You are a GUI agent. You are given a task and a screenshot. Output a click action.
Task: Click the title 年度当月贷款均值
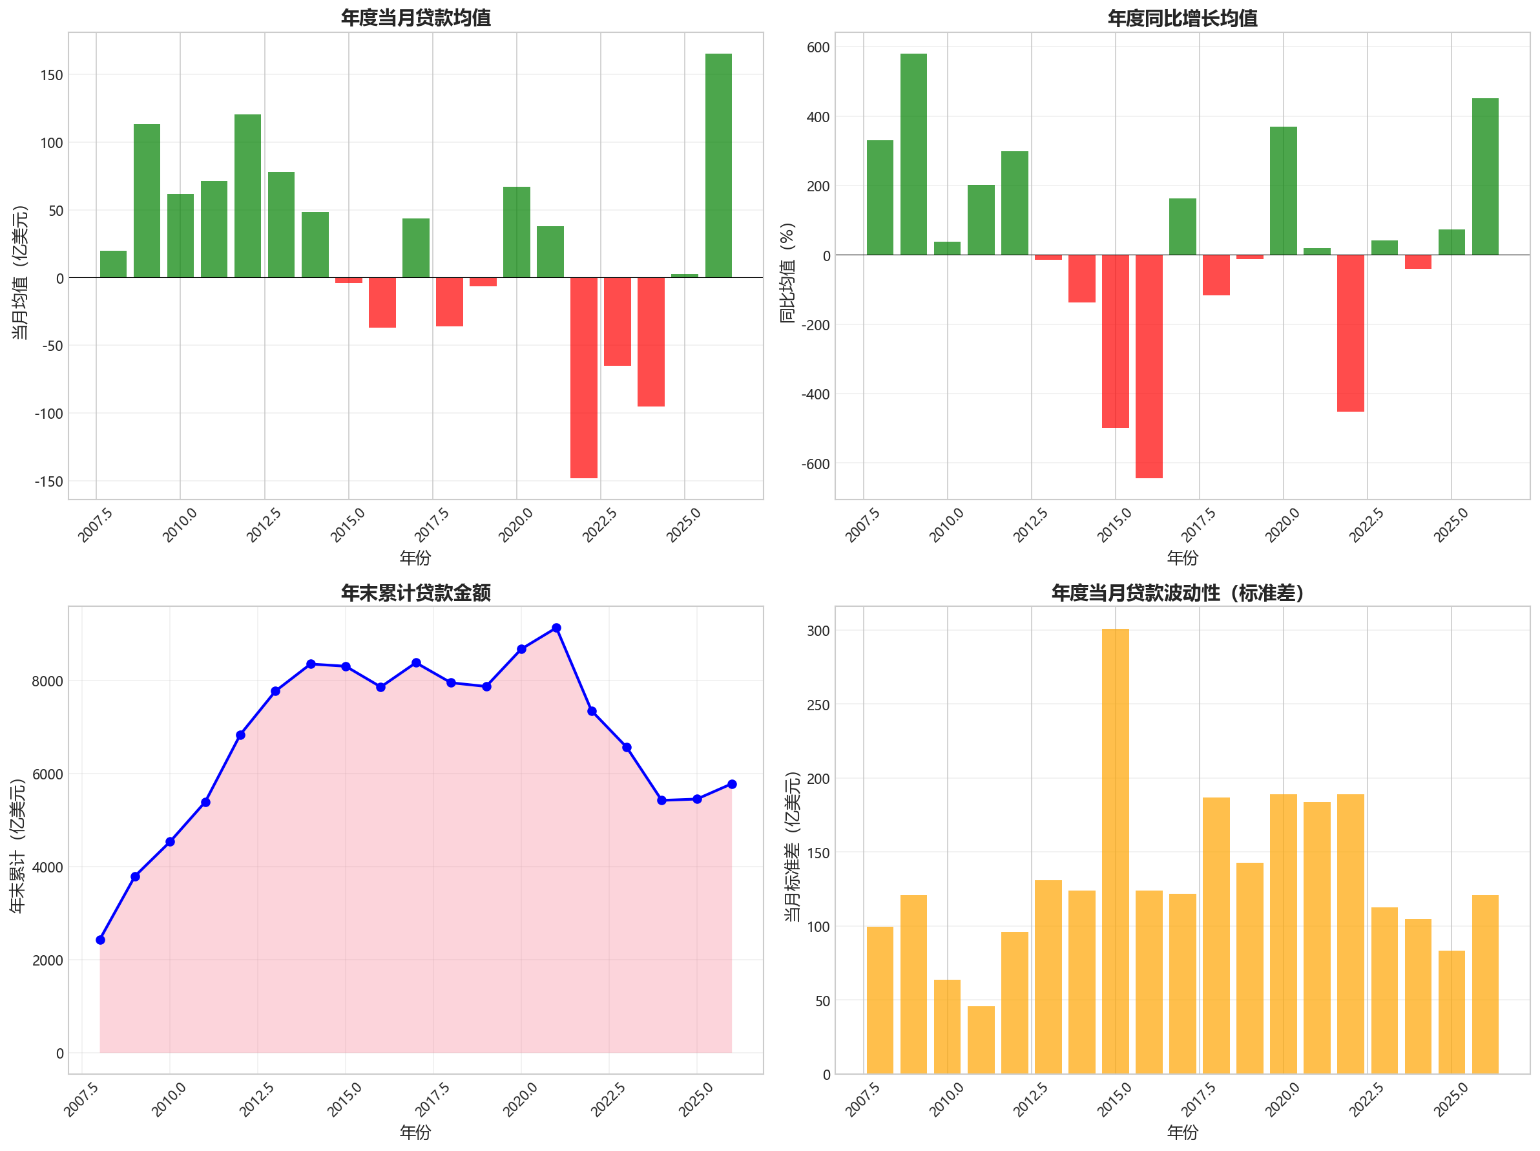pos(415,17)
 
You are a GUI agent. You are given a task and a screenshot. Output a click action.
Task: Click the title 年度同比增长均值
pos(1182,17)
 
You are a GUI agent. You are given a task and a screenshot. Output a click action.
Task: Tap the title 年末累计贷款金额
pos(415,593)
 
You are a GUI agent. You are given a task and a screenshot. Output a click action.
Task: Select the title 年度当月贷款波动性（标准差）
pos(1182,593)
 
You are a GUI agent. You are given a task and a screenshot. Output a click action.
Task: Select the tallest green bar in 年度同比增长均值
pos(913,154)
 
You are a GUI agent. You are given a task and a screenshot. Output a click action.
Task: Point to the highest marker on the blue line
pos(556,628)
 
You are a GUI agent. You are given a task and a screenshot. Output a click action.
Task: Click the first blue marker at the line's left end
pos(100,940)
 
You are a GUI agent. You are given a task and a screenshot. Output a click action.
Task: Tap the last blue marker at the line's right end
pos(732,784)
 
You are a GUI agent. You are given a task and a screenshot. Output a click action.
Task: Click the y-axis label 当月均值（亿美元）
pos(20,272)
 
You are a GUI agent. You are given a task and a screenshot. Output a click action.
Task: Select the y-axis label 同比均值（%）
pos(787,272)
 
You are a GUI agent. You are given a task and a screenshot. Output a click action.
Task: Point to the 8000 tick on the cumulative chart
pos(47,681)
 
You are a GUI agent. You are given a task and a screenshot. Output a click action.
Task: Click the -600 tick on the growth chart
pos(815,464)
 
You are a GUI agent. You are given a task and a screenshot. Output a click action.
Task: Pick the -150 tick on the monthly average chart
pos(48,481)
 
